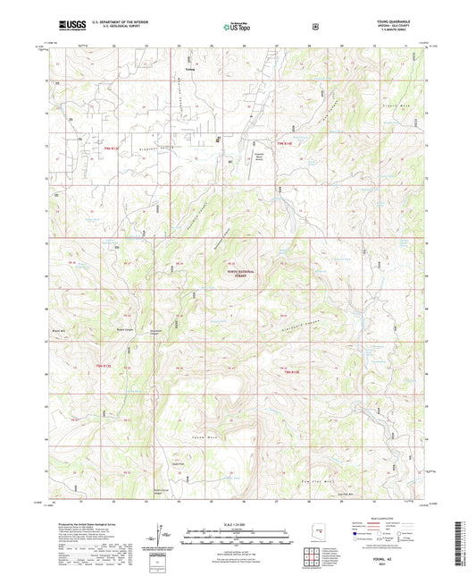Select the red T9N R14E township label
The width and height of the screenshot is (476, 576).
pos(284,146)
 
